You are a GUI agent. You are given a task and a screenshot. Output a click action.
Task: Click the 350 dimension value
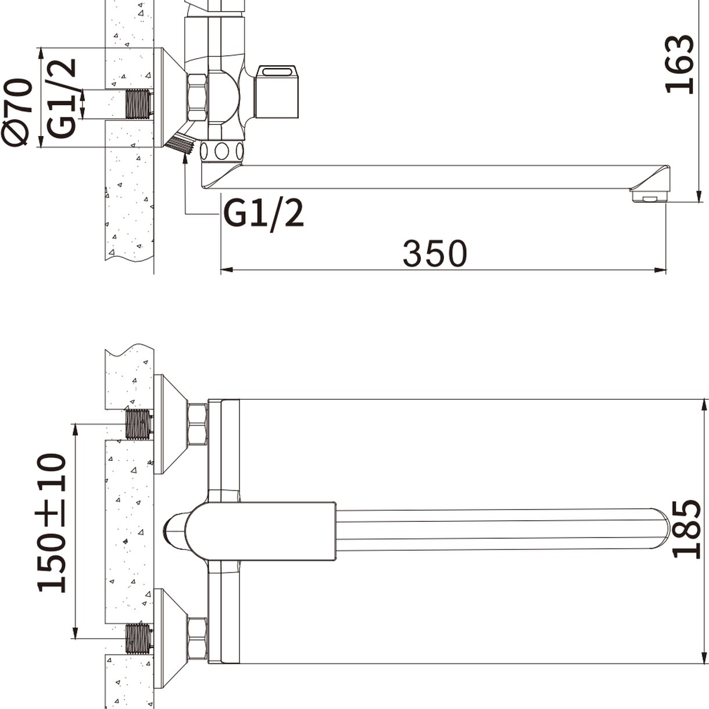point(435,253)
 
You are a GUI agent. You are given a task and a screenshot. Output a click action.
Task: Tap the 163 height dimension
point(679,65)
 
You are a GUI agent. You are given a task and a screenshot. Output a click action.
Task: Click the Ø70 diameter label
point(17,111)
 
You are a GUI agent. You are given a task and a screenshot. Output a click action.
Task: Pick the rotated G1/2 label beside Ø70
point(62,98)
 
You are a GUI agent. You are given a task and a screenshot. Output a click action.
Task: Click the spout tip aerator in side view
point(649,195)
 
